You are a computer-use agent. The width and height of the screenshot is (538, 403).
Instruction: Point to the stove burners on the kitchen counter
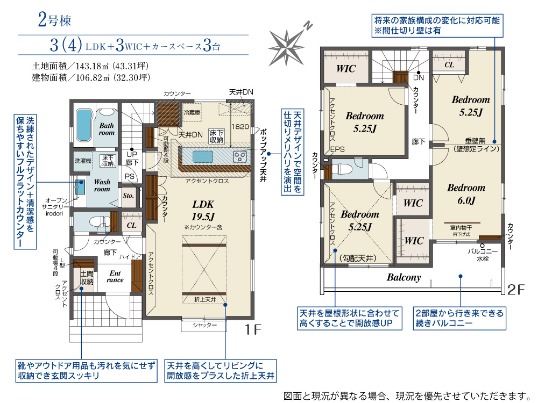239,156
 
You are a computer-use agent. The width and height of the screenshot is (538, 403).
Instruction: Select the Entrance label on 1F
115,276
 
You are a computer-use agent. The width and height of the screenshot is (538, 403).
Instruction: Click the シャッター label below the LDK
204,326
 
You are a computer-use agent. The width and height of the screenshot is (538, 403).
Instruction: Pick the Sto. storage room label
128,196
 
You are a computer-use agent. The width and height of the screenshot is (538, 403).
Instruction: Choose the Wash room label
102,185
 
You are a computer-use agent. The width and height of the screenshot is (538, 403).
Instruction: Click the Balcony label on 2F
403,278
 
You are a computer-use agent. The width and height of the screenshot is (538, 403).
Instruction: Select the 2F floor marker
516,290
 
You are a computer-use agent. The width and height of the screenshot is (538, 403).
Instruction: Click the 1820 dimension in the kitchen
240,127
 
